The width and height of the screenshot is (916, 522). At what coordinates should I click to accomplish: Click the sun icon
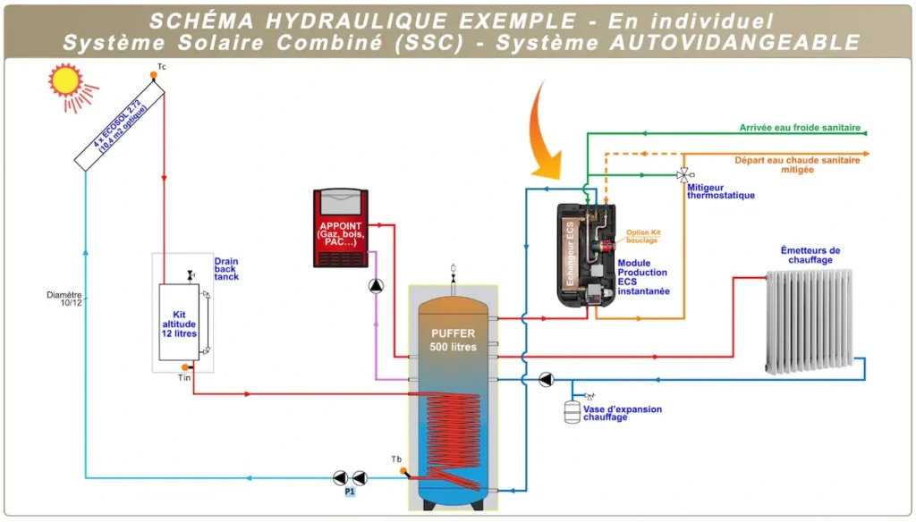pyautogui.click(x=65, y=81)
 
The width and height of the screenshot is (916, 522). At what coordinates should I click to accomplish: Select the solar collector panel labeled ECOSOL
pyautogui.click(x=120, y=125)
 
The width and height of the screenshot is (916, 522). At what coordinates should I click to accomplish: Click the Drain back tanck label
pyautogui.click(x=226, y=269)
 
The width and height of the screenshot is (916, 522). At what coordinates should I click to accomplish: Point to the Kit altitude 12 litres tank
pyautogui.click(x=179, y=323)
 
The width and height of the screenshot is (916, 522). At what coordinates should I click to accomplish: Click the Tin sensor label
pyautogui.click(x=184, y=378)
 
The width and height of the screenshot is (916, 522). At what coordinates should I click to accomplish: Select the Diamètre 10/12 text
pyautogui.click(x=64, y=299)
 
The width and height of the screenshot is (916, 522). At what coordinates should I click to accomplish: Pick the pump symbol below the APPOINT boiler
pyautogui.click(x=376, y=287)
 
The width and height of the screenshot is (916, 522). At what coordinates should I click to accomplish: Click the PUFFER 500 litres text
pyautogui.click(x=453, y=340)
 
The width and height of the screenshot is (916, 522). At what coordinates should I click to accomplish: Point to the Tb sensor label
pyautogui.click(x=396, y=459)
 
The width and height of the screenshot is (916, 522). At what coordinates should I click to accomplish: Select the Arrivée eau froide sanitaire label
pyautogui.click(x=800, y=128)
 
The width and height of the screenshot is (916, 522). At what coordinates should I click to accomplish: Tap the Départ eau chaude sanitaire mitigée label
pyautogui.click(x=797, y=164)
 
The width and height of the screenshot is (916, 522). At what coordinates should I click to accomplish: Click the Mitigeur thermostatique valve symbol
pyautogui.click(x=684, y=174)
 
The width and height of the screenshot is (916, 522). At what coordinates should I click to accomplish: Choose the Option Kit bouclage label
pyautogui.click(x=642, y=236)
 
